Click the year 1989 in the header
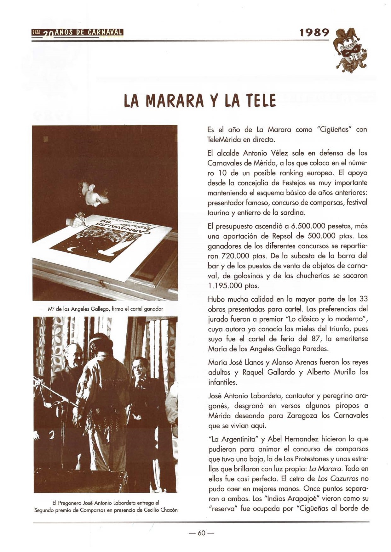click(314, 33)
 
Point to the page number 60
click(201, 533)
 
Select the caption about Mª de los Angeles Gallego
click(105, 309)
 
